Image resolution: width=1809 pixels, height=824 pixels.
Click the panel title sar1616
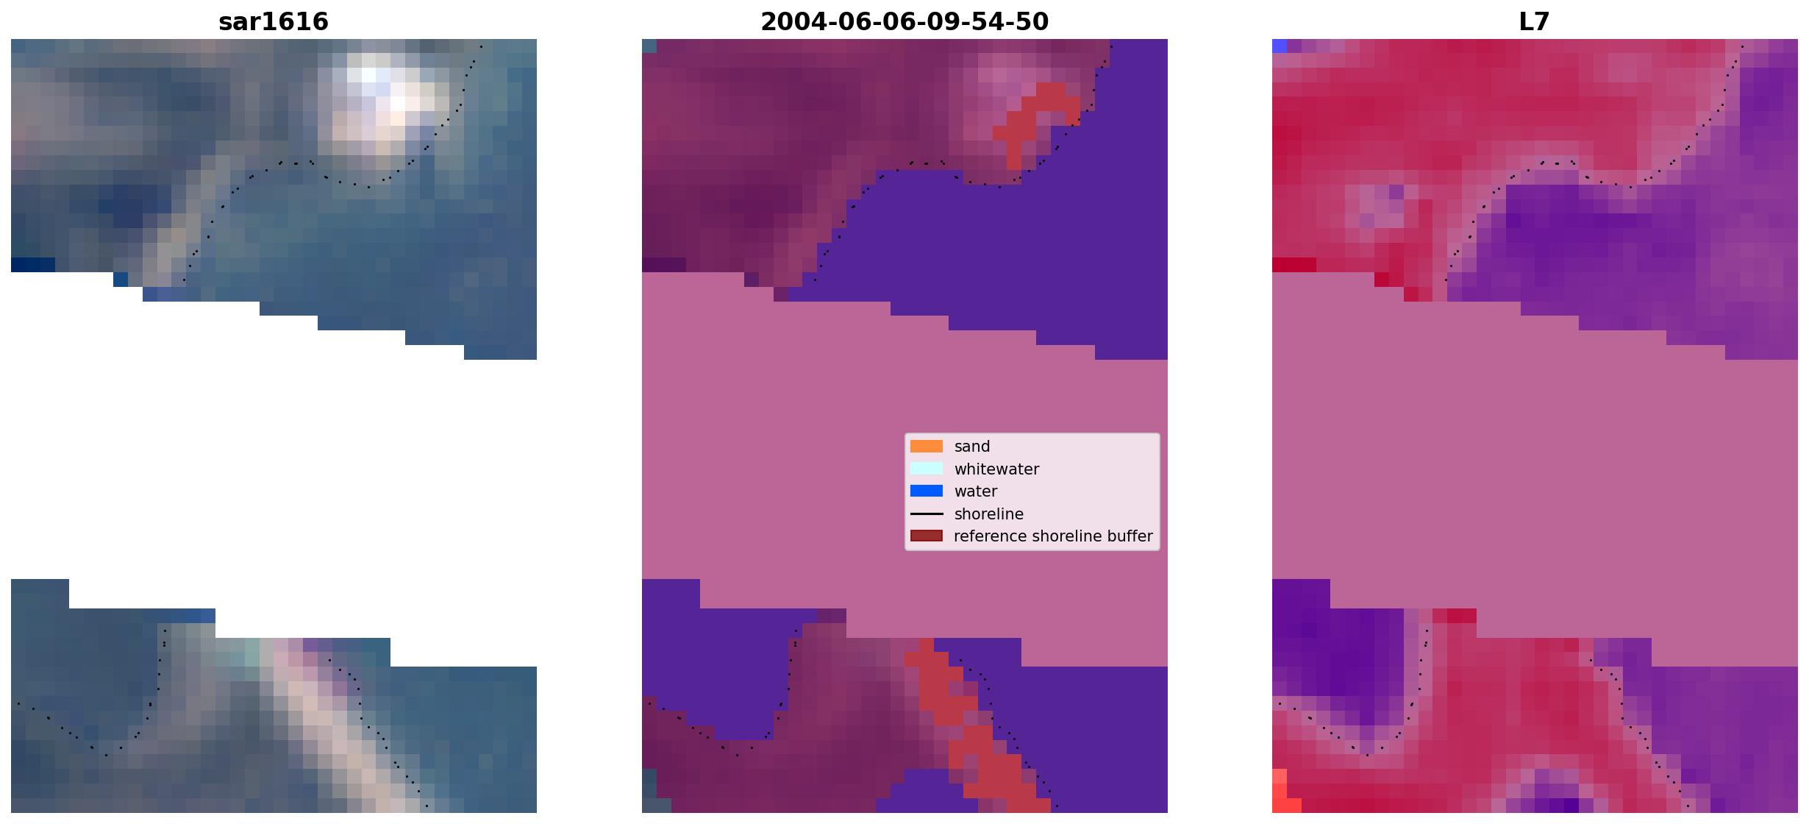[x=273, y=22]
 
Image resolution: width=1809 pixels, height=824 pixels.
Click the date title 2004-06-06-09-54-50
[x=904, y=22]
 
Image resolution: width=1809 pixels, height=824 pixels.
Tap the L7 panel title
[x=1535, y=22]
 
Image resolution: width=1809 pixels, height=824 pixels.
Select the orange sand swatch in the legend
[x=927, y=447]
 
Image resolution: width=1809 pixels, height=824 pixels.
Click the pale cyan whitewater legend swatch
[x=927, y=469]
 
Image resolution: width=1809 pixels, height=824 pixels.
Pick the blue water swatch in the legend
[x=927, y=491]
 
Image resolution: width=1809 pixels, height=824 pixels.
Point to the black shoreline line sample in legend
[x=927, y=514]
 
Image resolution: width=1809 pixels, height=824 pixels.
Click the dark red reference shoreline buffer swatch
[x=927, y=536]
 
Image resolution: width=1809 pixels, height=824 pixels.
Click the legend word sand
[x=972, y=447]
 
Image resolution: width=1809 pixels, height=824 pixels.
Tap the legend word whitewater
[x=996, y=469]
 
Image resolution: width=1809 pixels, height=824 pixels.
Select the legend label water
[x=976, y=491]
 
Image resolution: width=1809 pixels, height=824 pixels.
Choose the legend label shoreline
[x=989, y=514]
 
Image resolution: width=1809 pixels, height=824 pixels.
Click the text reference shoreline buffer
[x=1053, y=536]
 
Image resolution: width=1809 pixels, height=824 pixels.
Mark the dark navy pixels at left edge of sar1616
[x=32, y=265]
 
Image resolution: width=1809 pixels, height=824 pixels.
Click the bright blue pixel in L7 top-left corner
[x=1280, y=46]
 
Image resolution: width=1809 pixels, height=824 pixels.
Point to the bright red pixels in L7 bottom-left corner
[x=1284, y=793]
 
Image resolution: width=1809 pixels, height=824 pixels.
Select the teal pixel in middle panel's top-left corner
[x=649, y=46]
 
